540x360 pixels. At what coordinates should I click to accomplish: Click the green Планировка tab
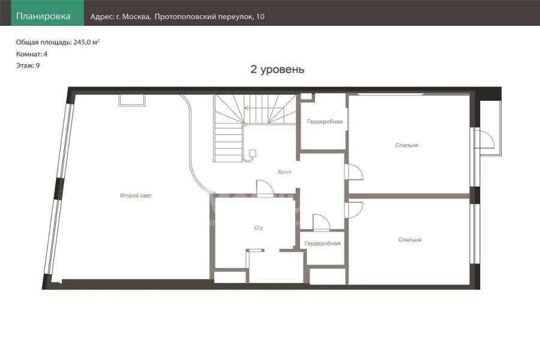pyautogui.click(x=47, y=13)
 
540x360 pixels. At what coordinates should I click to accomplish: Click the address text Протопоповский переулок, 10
pyautogui.click(x=209, y=17)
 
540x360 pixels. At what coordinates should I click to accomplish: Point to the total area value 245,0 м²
pyautogui.click(x=86, y=43)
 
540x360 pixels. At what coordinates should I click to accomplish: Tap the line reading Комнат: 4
pyautogui.click(x=32, y=54)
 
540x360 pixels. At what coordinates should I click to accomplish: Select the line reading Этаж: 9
pyautogui.click(x=28, y=65)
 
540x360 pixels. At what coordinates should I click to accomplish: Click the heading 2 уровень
pyautogui.click(x=277, y=69)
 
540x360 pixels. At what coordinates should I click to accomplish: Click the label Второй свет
pyautogui.click(x=136, y=196)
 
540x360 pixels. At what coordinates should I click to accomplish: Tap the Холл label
pyautogui.click(x=284, y=172)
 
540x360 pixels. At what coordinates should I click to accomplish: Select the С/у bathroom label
pyautogui.click(x=258, y=228)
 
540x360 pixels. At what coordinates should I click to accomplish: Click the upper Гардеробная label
pyautogui.click(x=325, y=122)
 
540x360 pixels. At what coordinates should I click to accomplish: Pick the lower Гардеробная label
pyautogui.click(x=322, y=244)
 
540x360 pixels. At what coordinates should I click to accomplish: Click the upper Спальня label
pyautogui.click(x=407, y=145)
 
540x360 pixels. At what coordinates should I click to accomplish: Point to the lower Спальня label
pyautogui.click(x=409, y=240)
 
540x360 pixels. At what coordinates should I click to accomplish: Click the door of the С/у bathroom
pyautogui.click(x=265, y=188)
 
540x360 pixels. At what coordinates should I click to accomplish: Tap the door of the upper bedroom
pyautogui.click(x=353, y=172)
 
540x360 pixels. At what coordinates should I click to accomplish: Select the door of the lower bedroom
pyautogui.click(x=353, y=210)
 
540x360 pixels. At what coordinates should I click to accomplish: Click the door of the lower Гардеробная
pyautogui.click(x=321, y=223)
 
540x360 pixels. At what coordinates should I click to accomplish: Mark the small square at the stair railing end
pyautogui.click(x=253, y=153)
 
